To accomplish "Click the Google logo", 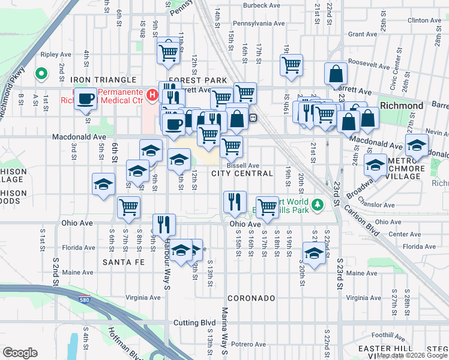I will point(20,353).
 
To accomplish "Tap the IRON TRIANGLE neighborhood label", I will point(103,80).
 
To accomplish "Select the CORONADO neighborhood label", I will point(251,298).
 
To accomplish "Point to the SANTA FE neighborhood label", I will point(123,262).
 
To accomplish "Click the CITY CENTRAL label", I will point(242,173).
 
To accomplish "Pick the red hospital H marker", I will point(152,95).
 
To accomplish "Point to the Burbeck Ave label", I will point(262,5).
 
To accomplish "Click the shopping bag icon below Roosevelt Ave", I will point(337,74).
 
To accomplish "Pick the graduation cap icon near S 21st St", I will point(314,251).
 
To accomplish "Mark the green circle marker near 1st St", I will point(41,74).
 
